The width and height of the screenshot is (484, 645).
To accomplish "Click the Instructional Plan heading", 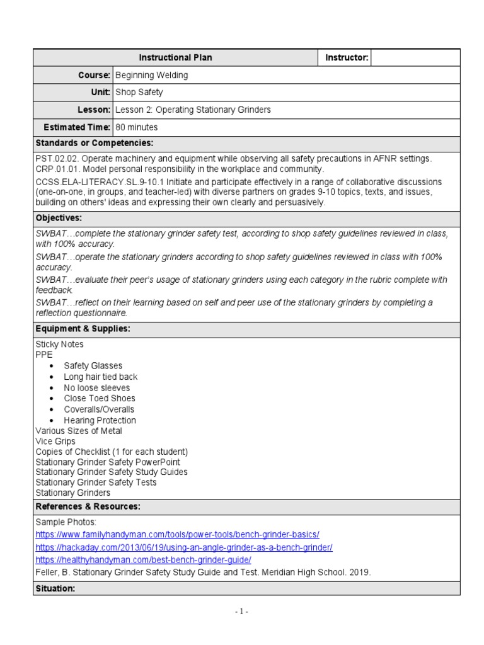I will [x=175, y=58].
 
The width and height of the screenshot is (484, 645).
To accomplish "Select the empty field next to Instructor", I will [x=415, y=58].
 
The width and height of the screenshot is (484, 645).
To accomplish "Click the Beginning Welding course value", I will [x=152, y=76].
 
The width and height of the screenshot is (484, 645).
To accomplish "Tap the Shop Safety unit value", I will [x=139, y=93].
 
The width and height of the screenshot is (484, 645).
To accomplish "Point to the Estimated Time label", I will [x=76, y=127].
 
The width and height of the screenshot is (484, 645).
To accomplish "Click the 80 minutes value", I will [x=137, y=127].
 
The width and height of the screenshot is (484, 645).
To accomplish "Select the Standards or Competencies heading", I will [x=95, y=144].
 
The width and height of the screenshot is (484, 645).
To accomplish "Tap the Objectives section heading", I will [x=59, y=217].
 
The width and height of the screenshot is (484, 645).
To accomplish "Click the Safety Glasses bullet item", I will [x=93, y=366].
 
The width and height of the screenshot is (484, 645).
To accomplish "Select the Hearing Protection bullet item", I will [x=100, y=420].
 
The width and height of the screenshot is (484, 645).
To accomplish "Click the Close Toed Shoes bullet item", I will [x=99, y=398].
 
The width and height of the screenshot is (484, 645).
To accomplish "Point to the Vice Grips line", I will [x=55, y=442].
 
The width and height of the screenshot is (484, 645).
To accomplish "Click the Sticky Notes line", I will [x=59, y=345].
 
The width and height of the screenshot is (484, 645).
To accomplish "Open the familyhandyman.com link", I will [x=177, y=534].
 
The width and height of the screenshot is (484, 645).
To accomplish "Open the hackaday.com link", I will [x=184, y=547].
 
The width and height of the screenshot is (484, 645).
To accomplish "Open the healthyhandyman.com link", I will [x=143, y=560].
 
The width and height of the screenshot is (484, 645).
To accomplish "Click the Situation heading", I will [x=55, y=588].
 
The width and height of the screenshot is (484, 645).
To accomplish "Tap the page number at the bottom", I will [x=243, y=612].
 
